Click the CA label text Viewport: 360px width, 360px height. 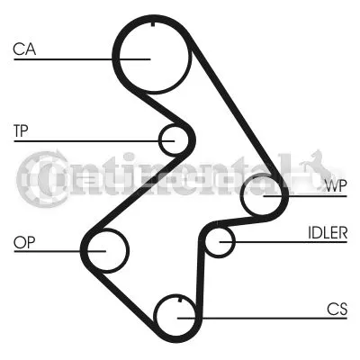[24, 49]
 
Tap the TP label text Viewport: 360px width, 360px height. [21, 130]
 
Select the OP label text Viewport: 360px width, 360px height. [24, 242]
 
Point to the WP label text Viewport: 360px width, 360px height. [336, 186]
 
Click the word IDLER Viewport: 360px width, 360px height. [328, 232]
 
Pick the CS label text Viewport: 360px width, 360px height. [337, 309]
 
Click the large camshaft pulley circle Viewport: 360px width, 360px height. [120, 60]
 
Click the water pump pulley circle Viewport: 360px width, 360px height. [241, 195]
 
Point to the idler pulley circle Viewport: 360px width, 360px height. [205, 242]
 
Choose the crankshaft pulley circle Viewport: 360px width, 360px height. [154, 315]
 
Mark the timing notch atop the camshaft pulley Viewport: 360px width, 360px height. [153, 24]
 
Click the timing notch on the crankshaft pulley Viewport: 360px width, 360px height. [180, 300]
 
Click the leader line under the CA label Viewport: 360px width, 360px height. [82, 59]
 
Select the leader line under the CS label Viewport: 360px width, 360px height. [262, 318]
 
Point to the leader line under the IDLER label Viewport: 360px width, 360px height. [283, 242]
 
